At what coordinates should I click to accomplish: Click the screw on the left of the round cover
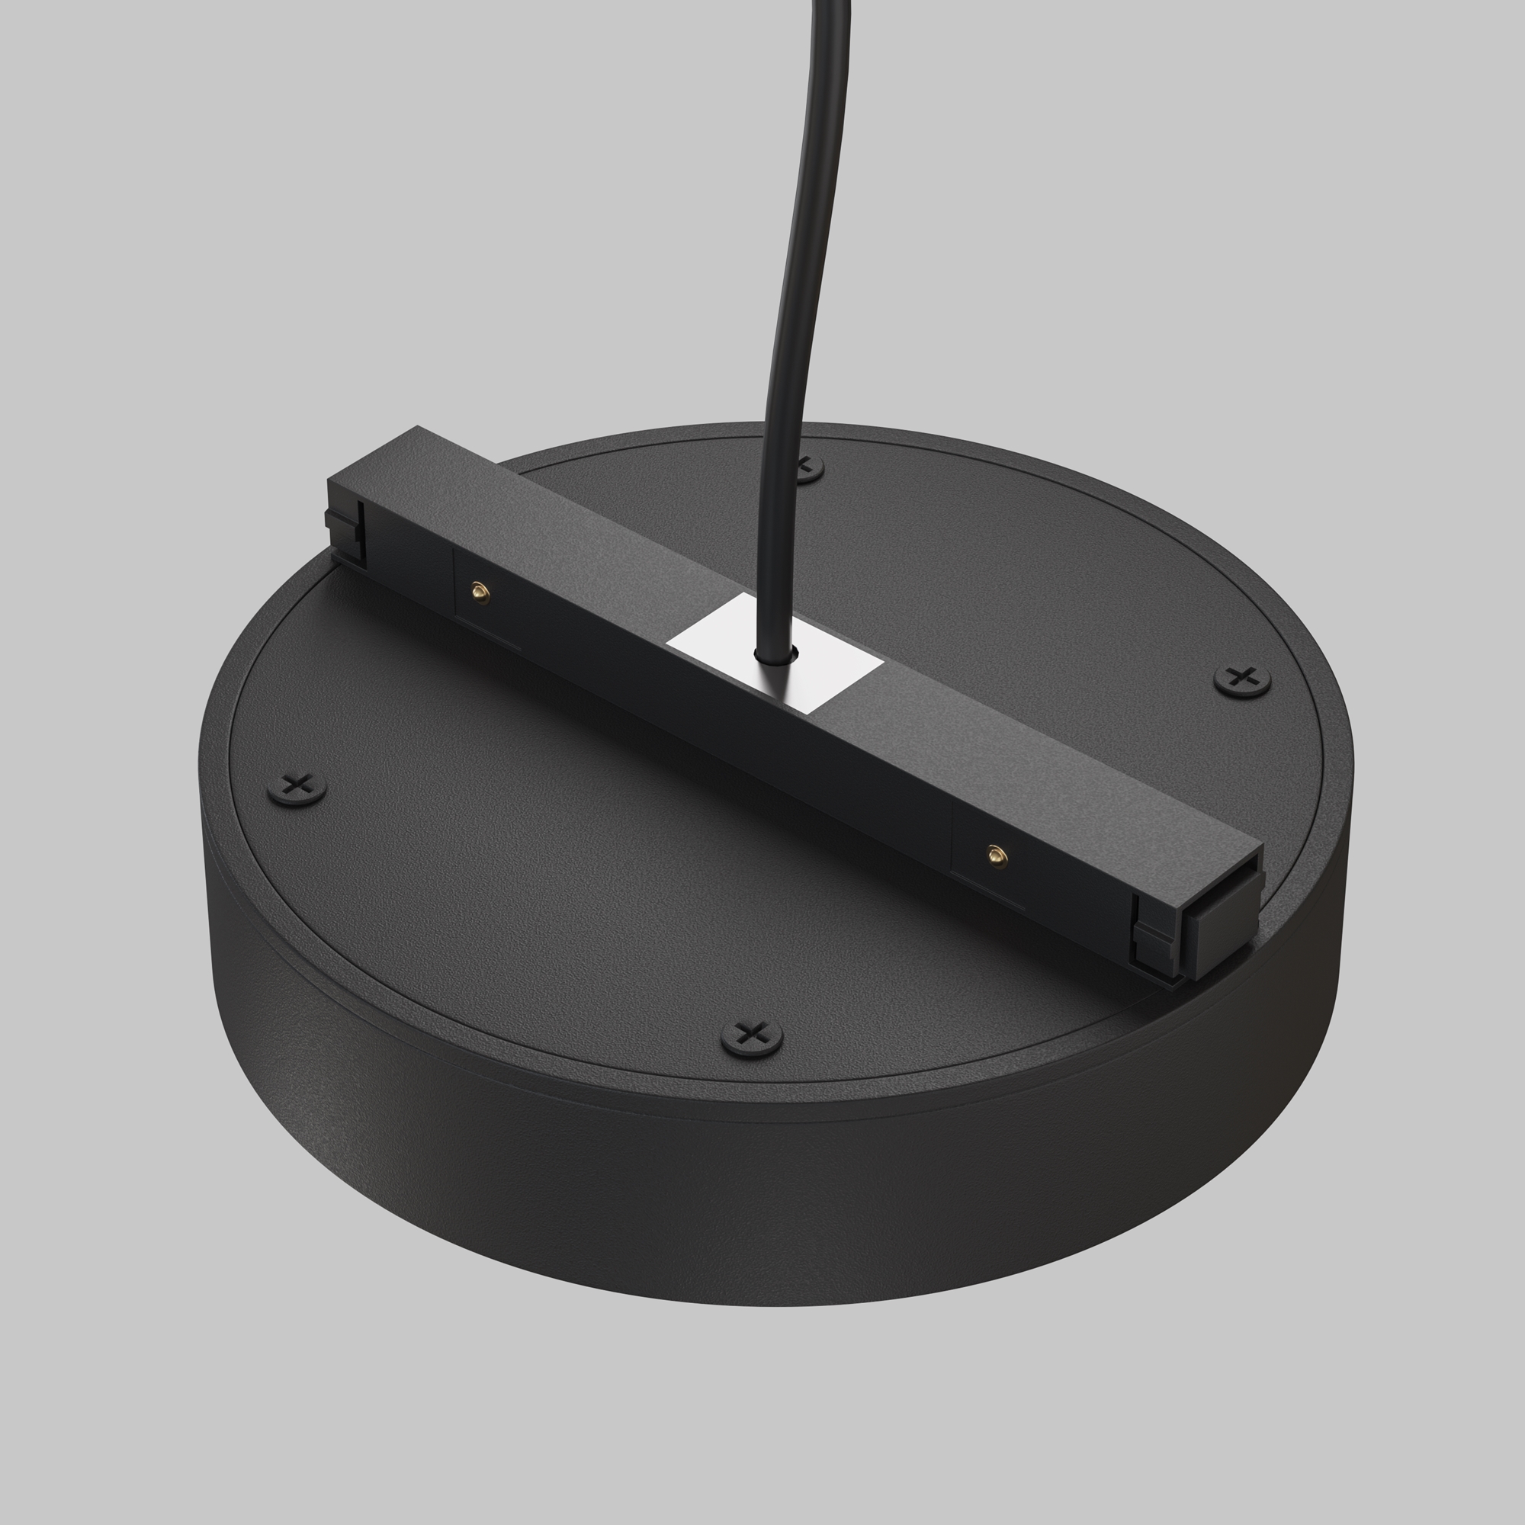point(297,786)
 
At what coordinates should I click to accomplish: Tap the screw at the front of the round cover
point(753,1035)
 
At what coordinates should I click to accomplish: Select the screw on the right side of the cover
point(1241,678)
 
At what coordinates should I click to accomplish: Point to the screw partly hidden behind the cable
point(807,469)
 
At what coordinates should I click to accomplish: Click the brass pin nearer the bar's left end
point(479,590)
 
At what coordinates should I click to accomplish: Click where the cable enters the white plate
point(775,655)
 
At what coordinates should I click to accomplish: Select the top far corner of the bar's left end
point(418,428)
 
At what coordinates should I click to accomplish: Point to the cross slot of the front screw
point(753,1032)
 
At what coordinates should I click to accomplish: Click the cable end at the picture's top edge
point(829,4)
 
